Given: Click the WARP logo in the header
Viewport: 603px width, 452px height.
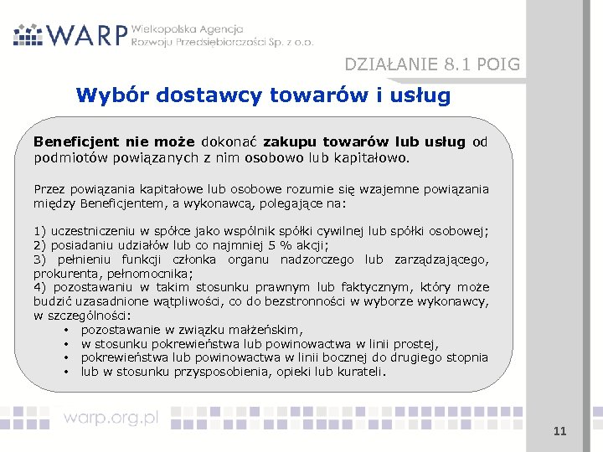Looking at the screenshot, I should point(71,34).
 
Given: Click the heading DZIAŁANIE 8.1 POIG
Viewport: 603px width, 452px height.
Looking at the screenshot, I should point(432,64).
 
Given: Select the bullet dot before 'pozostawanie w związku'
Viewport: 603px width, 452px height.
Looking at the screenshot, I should point(65,330).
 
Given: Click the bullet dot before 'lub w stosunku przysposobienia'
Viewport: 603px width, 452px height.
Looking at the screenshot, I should point(65,372).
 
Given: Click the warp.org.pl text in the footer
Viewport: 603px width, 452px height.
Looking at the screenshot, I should point(111,418).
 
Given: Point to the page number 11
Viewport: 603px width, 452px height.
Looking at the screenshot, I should point(560,431).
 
